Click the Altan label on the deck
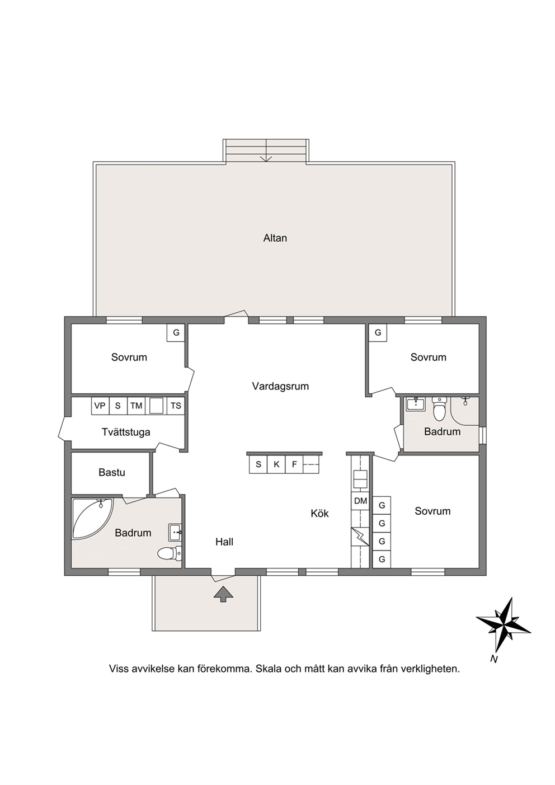pos(275,238)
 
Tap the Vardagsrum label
pos(280,386)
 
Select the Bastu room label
pos(112,472)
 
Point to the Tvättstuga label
pos(126,432)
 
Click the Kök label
pos(319,514)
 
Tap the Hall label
pos(224,542)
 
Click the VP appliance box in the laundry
pos(100,406)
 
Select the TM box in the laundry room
pos(137,406)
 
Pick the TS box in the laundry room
pos(176,406)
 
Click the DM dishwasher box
pos(360,501)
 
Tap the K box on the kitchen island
pos(276,464)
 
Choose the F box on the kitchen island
pos(295,464)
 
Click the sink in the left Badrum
pos(175,533)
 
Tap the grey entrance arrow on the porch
pos(223,594)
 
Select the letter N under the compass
pos(494,659)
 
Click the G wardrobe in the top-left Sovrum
pos(176,332)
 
